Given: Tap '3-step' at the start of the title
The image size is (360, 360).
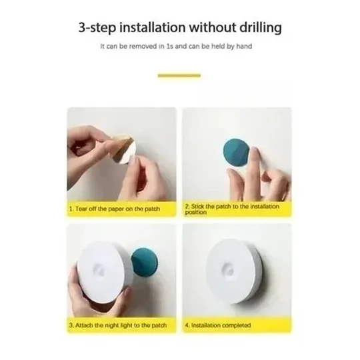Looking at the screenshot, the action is (97, 28).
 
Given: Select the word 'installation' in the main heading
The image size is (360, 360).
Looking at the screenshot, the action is (153, 27).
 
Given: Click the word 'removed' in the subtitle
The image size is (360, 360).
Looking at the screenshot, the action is (143, 46).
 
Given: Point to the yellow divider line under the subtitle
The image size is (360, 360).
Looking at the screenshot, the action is (179, 75).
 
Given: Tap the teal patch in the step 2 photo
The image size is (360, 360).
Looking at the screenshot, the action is (237, 152).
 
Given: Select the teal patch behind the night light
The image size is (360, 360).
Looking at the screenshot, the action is (145, 261).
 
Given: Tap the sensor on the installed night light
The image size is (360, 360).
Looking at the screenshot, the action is (228, 269).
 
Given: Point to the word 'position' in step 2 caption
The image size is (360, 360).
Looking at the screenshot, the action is (196, 213).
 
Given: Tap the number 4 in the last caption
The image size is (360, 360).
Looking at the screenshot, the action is (187, 325).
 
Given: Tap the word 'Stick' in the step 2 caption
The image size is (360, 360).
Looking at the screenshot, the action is (198, 206).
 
